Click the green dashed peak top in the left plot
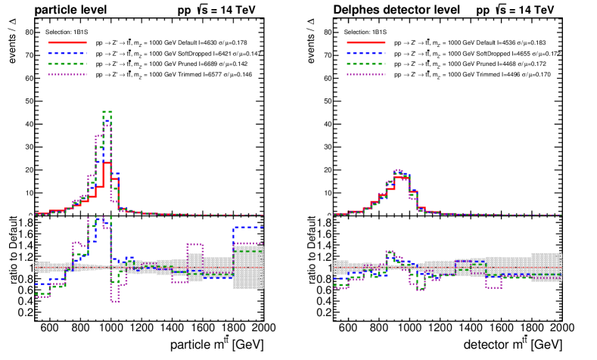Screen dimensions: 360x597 [107, 111]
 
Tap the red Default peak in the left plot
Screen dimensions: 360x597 [107, 163]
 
